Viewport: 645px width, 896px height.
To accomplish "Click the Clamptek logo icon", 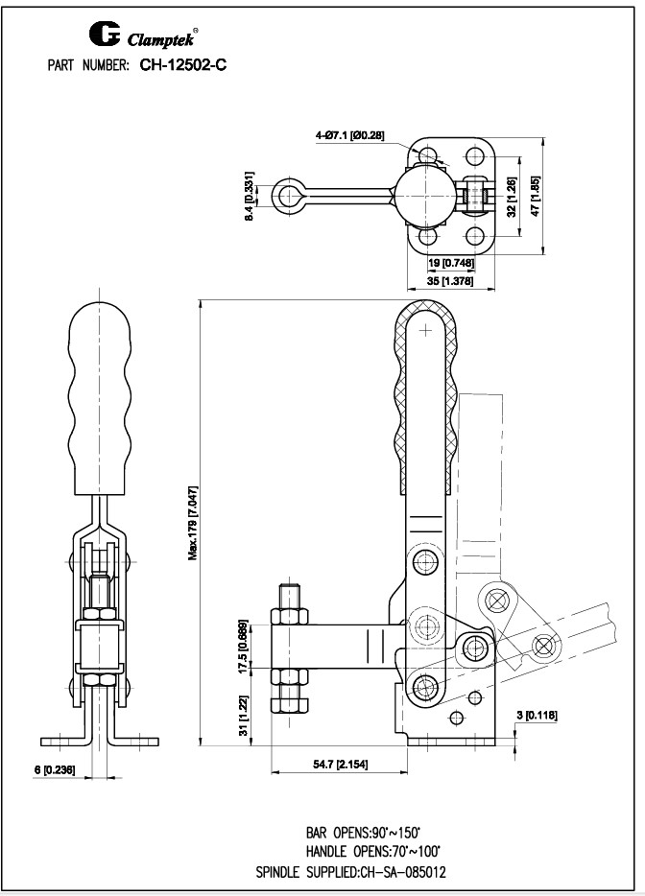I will click(104, 35).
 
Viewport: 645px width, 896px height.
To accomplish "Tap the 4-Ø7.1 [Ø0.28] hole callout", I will click(349, 135).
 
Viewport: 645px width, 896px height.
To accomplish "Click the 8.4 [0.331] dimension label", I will click(250, 198).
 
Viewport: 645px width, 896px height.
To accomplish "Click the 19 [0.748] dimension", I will click(448, 264).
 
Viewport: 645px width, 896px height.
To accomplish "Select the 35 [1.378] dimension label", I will click(449, 283).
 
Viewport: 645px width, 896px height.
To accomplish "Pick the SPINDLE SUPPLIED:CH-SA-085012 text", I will click(350, 872).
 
